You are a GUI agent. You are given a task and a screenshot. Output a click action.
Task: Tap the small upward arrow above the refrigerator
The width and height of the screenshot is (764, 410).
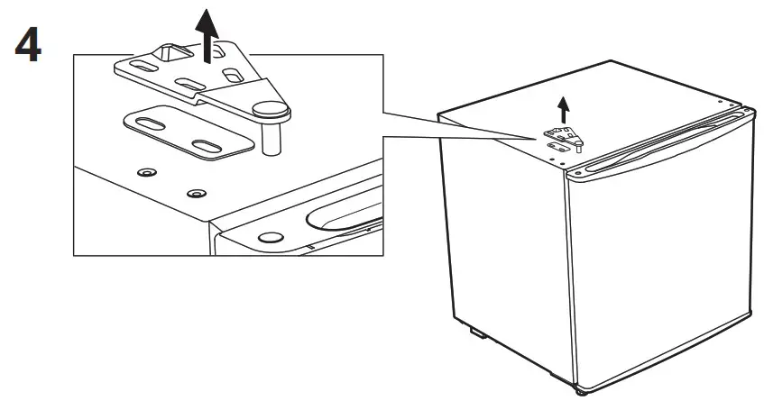point(564,111)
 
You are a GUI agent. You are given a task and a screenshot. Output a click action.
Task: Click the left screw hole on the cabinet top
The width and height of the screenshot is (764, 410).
point(143,171)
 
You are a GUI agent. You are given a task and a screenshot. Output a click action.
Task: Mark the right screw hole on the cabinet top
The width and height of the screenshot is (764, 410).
point(192,192)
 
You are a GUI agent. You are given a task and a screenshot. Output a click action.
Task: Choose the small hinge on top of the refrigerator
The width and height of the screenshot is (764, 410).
point(562,136)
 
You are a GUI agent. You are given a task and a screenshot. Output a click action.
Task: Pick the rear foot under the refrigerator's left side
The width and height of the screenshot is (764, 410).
point(476,337)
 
